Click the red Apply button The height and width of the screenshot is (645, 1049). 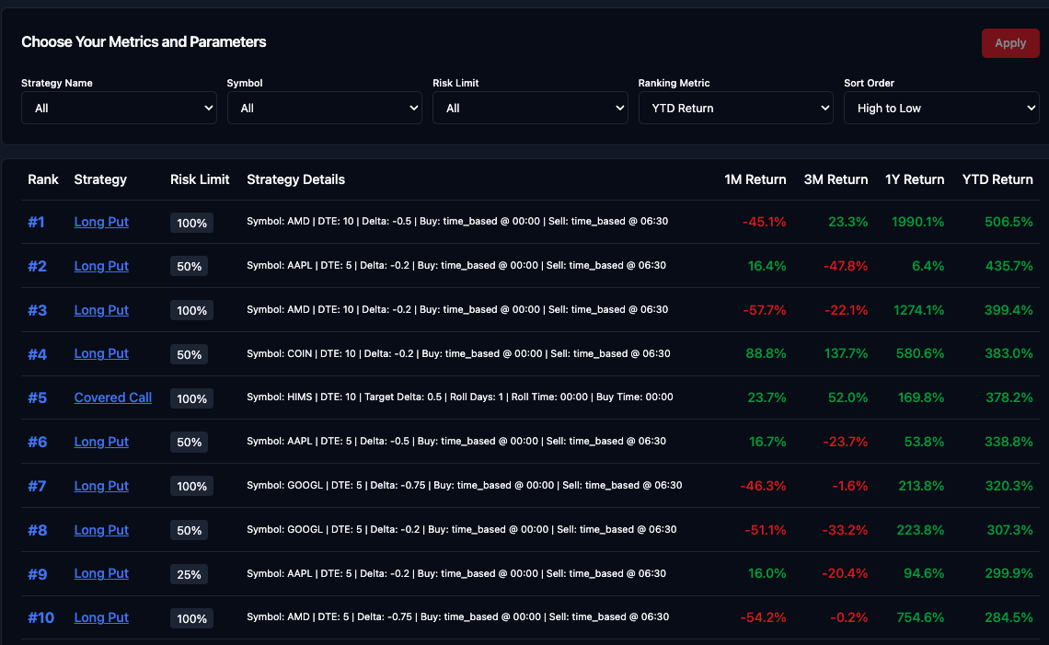[1009, 43]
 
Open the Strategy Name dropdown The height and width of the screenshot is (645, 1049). [119, 109]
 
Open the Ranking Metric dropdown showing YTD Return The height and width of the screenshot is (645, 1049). [735, 109]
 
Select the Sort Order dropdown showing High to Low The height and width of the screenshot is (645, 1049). [941, 109]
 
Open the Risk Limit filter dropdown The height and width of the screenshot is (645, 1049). [530, 109]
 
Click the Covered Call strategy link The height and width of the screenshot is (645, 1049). [113, 397]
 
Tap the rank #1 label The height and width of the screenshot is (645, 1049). [36, 222]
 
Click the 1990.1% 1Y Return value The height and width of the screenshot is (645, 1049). [917, 222]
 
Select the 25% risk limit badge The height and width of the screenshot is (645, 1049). [189, 574]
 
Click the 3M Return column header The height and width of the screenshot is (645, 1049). [836, 179]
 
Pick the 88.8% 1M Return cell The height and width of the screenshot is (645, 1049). [767, 353]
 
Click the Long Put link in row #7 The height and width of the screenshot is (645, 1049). [101, 486]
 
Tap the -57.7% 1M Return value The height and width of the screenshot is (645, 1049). [764, 310]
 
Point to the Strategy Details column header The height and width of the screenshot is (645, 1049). [295, 179]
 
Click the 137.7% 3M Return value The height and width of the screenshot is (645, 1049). [843, 353]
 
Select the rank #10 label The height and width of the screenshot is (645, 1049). [40, 617]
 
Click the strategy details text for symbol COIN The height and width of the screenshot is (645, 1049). [458, 353]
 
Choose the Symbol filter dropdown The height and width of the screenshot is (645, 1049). [325, 109]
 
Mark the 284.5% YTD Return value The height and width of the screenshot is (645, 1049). [1009, 617]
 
